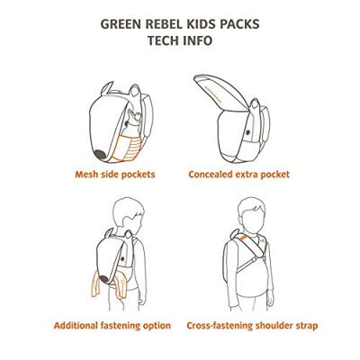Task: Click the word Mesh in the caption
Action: click(x=87, y=175)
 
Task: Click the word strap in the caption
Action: click(x=303, y=326)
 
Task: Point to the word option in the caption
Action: click(x=154, y=326)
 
